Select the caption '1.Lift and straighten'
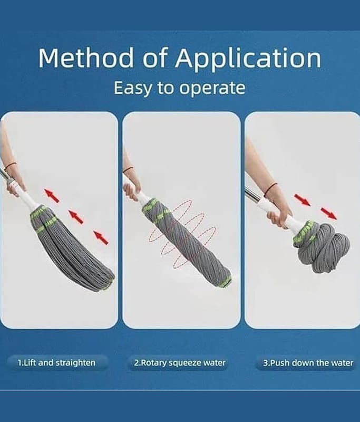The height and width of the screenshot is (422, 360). pos(56,363)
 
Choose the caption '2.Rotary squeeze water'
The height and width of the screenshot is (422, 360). pos(180,363)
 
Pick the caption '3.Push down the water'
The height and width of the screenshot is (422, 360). pos(308,363)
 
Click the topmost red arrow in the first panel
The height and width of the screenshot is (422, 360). pos(52,196)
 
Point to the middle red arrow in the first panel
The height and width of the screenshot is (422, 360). pos(75,217)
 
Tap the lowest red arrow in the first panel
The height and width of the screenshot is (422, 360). pos(101,237)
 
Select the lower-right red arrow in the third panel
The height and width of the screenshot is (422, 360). pos(328,214)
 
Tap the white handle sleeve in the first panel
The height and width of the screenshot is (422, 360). pos(23,193)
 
